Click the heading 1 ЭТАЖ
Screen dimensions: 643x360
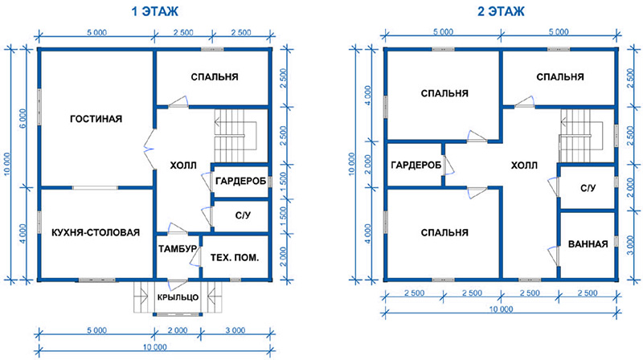[x=154, y=11]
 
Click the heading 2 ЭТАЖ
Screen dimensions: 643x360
[x=501, y=11]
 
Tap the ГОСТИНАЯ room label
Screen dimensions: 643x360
[x=96, y=119]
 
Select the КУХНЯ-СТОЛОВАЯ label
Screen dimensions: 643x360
[x=96, y=232]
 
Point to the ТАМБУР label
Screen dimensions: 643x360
[x=178, y=249]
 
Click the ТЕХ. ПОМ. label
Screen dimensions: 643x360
[x=235, y=258]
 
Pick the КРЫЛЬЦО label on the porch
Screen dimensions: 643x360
[x=178, y=297]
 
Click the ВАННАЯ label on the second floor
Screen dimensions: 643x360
[x=588, y=244]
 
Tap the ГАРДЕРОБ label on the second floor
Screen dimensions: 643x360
[x=416, y=166]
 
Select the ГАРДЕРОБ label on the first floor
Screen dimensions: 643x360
[x=240, y=181]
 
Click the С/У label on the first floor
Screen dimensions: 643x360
[x=243, y=215]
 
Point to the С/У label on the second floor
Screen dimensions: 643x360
[x=588, y=188]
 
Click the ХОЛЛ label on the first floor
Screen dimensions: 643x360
[x=183, y=166]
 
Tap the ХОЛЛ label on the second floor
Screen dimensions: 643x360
[x=524, y=166]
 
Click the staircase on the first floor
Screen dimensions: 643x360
[x=235, y=135]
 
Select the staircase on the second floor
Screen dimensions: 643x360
[x=581, y=135]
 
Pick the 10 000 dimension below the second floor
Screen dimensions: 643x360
[x=501, y=309]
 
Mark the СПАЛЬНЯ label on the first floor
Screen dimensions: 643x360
[x=215, y=77]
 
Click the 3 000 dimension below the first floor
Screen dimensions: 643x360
[x=235, y=330]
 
